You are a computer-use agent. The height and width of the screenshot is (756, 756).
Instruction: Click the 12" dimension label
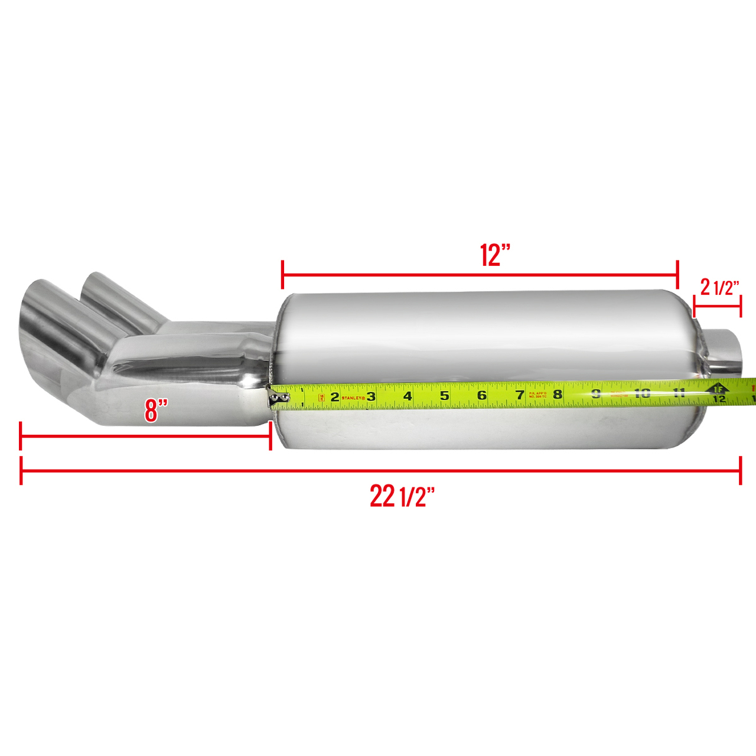click(494, 255)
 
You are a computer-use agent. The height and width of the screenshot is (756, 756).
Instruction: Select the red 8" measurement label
click(157, 410)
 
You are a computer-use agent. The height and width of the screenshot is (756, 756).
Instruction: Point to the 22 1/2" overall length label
click(402, 496)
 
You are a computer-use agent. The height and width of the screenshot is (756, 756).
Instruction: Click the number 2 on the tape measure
click(335, 397)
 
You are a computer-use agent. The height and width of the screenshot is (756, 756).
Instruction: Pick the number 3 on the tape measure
click(371, 396)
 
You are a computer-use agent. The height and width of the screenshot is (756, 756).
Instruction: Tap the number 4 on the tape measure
click(408, 396)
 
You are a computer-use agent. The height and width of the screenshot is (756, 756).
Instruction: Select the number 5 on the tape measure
click(445, 396)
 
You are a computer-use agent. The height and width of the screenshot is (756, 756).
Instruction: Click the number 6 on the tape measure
click(482, 395)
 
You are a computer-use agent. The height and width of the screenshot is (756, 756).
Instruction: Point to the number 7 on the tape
click(520, 395)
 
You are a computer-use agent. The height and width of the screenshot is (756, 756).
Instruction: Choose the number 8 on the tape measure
click(558, 394)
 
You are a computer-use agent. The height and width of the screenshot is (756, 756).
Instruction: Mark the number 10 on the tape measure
click(642, 393)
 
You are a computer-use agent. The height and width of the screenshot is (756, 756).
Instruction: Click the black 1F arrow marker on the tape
click(718, 388)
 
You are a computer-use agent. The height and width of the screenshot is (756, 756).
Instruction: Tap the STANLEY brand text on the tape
click(353, 397)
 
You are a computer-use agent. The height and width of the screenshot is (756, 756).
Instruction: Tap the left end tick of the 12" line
click(283, 275)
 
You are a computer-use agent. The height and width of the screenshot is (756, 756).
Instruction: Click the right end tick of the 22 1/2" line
click(740, 471)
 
